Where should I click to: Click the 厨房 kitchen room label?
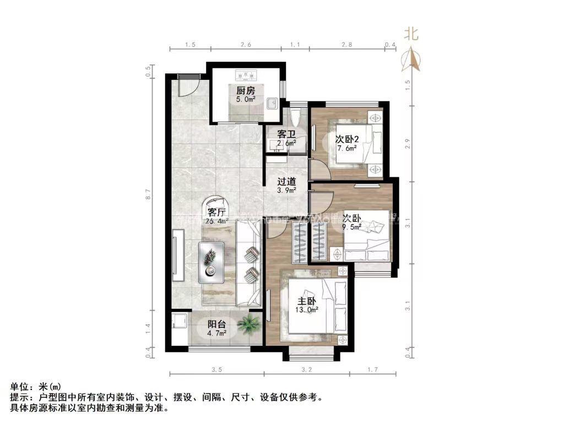246,91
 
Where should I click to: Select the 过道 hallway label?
286,181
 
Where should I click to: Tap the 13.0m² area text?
307,310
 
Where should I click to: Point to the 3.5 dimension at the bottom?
217,370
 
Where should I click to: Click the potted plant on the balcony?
249,325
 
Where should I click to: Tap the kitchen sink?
271,104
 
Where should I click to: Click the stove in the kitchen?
246,73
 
